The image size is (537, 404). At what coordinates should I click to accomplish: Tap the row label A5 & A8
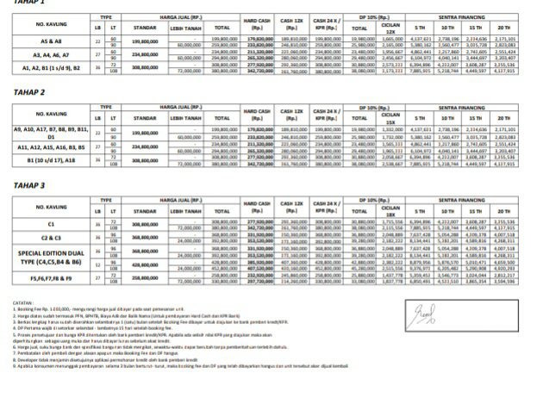[50, 41]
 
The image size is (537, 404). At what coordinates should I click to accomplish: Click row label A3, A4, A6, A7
[50, 53]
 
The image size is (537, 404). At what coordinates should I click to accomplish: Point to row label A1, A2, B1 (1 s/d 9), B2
[50, 65]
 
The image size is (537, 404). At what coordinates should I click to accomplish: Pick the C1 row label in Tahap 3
[50, 223]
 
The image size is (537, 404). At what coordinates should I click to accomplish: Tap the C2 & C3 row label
[50, 235]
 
